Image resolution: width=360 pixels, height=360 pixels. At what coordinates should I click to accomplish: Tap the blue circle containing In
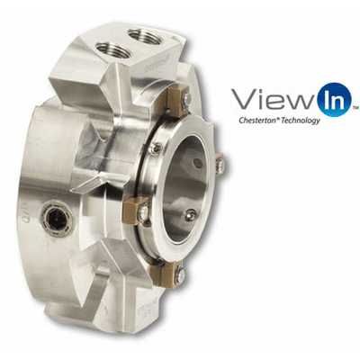point(334,99)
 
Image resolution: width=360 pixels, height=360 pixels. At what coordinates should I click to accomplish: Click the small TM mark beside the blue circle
point(355,107)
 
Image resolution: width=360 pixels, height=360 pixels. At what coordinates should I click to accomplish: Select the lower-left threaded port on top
point(114,50)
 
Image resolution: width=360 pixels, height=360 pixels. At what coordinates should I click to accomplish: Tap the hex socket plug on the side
point(57,218)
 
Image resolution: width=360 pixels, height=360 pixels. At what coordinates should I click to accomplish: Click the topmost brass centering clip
point(177,101)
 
